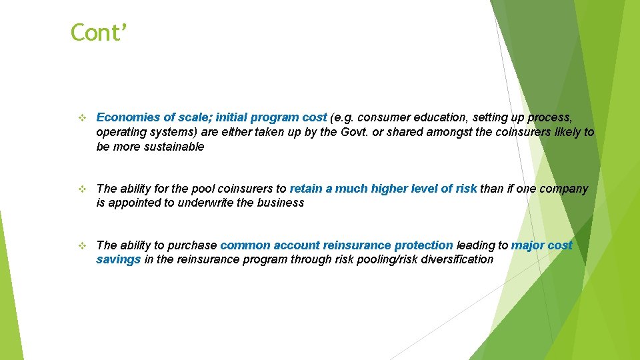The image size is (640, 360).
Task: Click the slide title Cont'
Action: point(98,32)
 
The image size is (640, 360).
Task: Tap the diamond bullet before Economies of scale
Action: point(82,118)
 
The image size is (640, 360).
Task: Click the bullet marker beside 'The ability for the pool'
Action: point(82,189)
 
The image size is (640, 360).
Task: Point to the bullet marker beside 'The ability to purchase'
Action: point(82,246)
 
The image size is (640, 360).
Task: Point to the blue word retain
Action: point(306,189)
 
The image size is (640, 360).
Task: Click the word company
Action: point(564,189)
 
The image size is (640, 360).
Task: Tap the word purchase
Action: point(194,245)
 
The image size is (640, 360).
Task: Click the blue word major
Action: point(527,245)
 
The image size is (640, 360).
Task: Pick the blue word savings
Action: point(119,259)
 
